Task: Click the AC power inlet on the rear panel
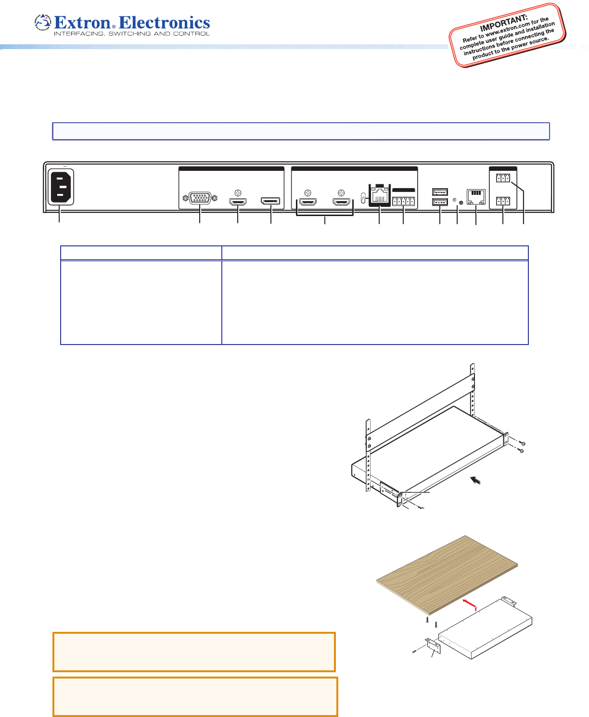tap(61, 187)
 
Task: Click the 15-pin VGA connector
tap(200, 198)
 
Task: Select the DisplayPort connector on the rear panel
tap(270, 201)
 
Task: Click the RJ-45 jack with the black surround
tap(380, 195)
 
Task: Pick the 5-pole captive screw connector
tap(403, 201)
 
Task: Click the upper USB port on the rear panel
tap(440, 192)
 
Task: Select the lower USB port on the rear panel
tap(440, 202)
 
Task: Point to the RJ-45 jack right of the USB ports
tap(476, 197)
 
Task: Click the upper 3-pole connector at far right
tap(503, 178)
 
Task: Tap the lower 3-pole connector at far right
tap(503, 201)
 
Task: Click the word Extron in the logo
tap(82, 23)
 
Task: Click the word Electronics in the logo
tap(164, 23)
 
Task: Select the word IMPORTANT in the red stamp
tap(504, 23)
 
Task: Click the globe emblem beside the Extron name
tap(43, 23)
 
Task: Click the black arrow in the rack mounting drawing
tap(475, 480)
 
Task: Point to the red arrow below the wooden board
tap(470, 604)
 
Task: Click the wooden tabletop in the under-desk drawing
tap(447, 575)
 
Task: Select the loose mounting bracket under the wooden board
tap(433, 646)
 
